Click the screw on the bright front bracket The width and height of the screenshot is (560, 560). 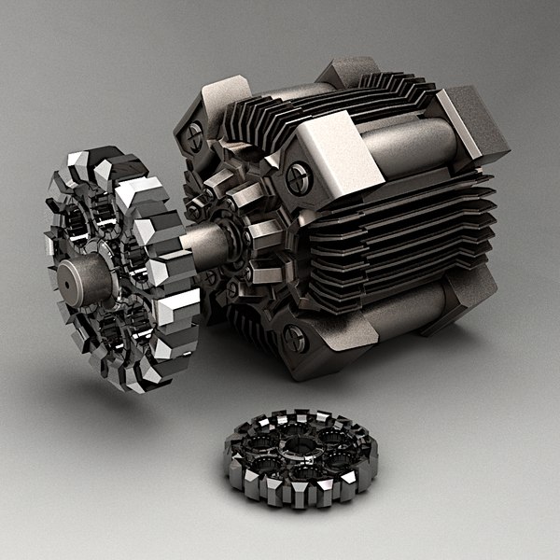(x=299, y=176)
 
